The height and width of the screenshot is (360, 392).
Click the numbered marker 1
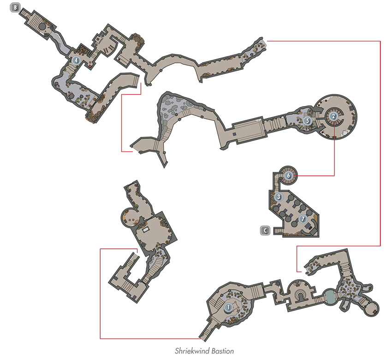(x=228, y=307)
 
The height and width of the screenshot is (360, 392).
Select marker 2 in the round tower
(x=333, y=116)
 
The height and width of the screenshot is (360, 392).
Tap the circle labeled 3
(x=279, y=197)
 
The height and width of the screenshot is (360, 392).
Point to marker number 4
(x=76, y=60)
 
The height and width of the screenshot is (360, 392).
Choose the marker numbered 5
(x=308, y=121)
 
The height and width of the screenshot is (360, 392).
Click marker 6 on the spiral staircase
(x=289, y=175)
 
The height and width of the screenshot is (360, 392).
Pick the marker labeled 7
(x=303, y=219)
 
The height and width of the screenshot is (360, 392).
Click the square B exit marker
(x=15, y=7)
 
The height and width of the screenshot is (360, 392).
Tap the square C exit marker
(x=265, y=230)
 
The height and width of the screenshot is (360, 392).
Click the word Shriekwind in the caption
(x=192, y=351)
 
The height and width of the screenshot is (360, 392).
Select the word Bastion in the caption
(x=222, y=351)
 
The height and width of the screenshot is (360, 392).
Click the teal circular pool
(x=330, y=296)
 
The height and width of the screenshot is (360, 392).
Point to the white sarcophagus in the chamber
(x=145, y=229)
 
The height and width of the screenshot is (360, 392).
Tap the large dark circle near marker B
(x=42, y=26)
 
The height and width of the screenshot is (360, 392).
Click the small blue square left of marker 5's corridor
(x=234, y=134)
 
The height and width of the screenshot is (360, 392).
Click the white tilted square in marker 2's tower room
(x=346, y=133)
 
